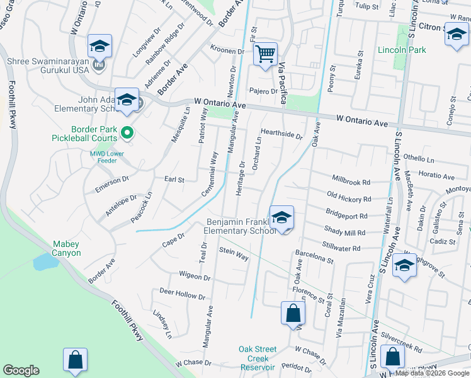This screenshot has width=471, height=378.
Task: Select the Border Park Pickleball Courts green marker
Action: pyautogui.click(x=127, y=132)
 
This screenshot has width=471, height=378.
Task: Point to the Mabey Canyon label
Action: pyautogui.click(x=66, y=248)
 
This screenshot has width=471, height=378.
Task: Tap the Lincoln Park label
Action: pyautogui.click(x=402, y=50)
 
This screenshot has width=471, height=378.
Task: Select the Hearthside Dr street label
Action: pyautogui.click(x=282, y=134)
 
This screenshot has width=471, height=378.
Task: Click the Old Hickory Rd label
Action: pyautogui.click(x=349, y=197)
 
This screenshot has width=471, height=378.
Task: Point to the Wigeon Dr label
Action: pyautogui.click(x=194, y=276)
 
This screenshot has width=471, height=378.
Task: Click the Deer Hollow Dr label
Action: pyautogui.click(x=182, y=294)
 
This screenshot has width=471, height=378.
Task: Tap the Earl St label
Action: pyautogui.click(x=174, y=180)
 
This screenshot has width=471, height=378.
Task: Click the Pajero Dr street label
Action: pyautogui.click(x=263, y=91)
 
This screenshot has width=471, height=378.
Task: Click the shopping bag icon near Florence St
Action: pyautogui.click(x=293, y=312)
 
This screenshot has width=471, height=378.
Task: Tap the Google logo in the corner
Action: pyautogui.click(x=21, y=370)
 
